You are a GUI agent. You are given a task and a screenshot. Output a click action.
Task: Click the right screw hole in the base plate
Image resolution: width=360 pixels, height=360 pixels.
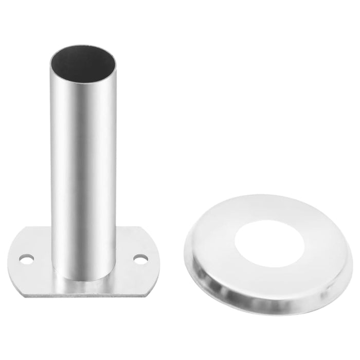click(x=140, y=259)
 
